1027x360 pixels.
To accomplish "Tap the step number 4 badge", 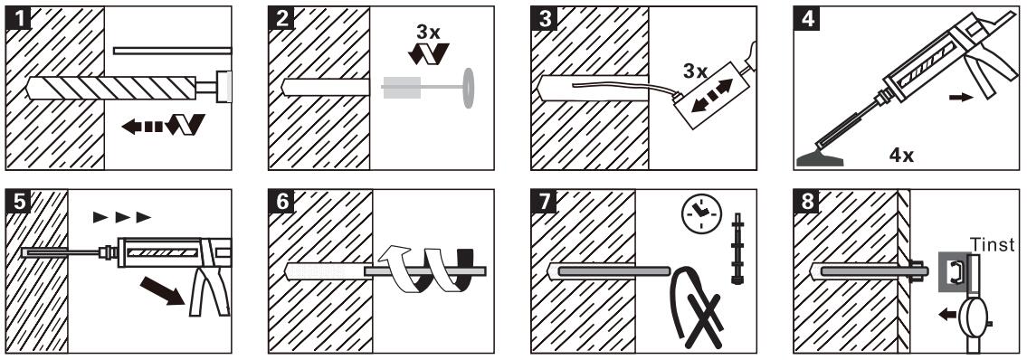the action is [x=807, y=18].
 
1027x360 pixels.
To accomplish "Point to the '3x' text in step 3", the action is [x=696, y=71].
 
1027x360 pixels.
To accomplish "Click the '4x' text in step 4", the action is [x=901, y=156].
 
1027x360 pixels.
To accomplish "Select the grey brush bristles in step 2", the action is [x=397, y=88].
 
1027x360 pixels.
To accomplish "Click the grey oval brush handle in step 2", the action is [x=469, y=88].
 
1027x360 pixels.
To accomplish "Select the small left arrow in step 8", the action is [x=947, y=315].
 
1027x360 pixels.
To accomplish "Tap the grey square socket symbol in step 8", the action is [x=954, y=271].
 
